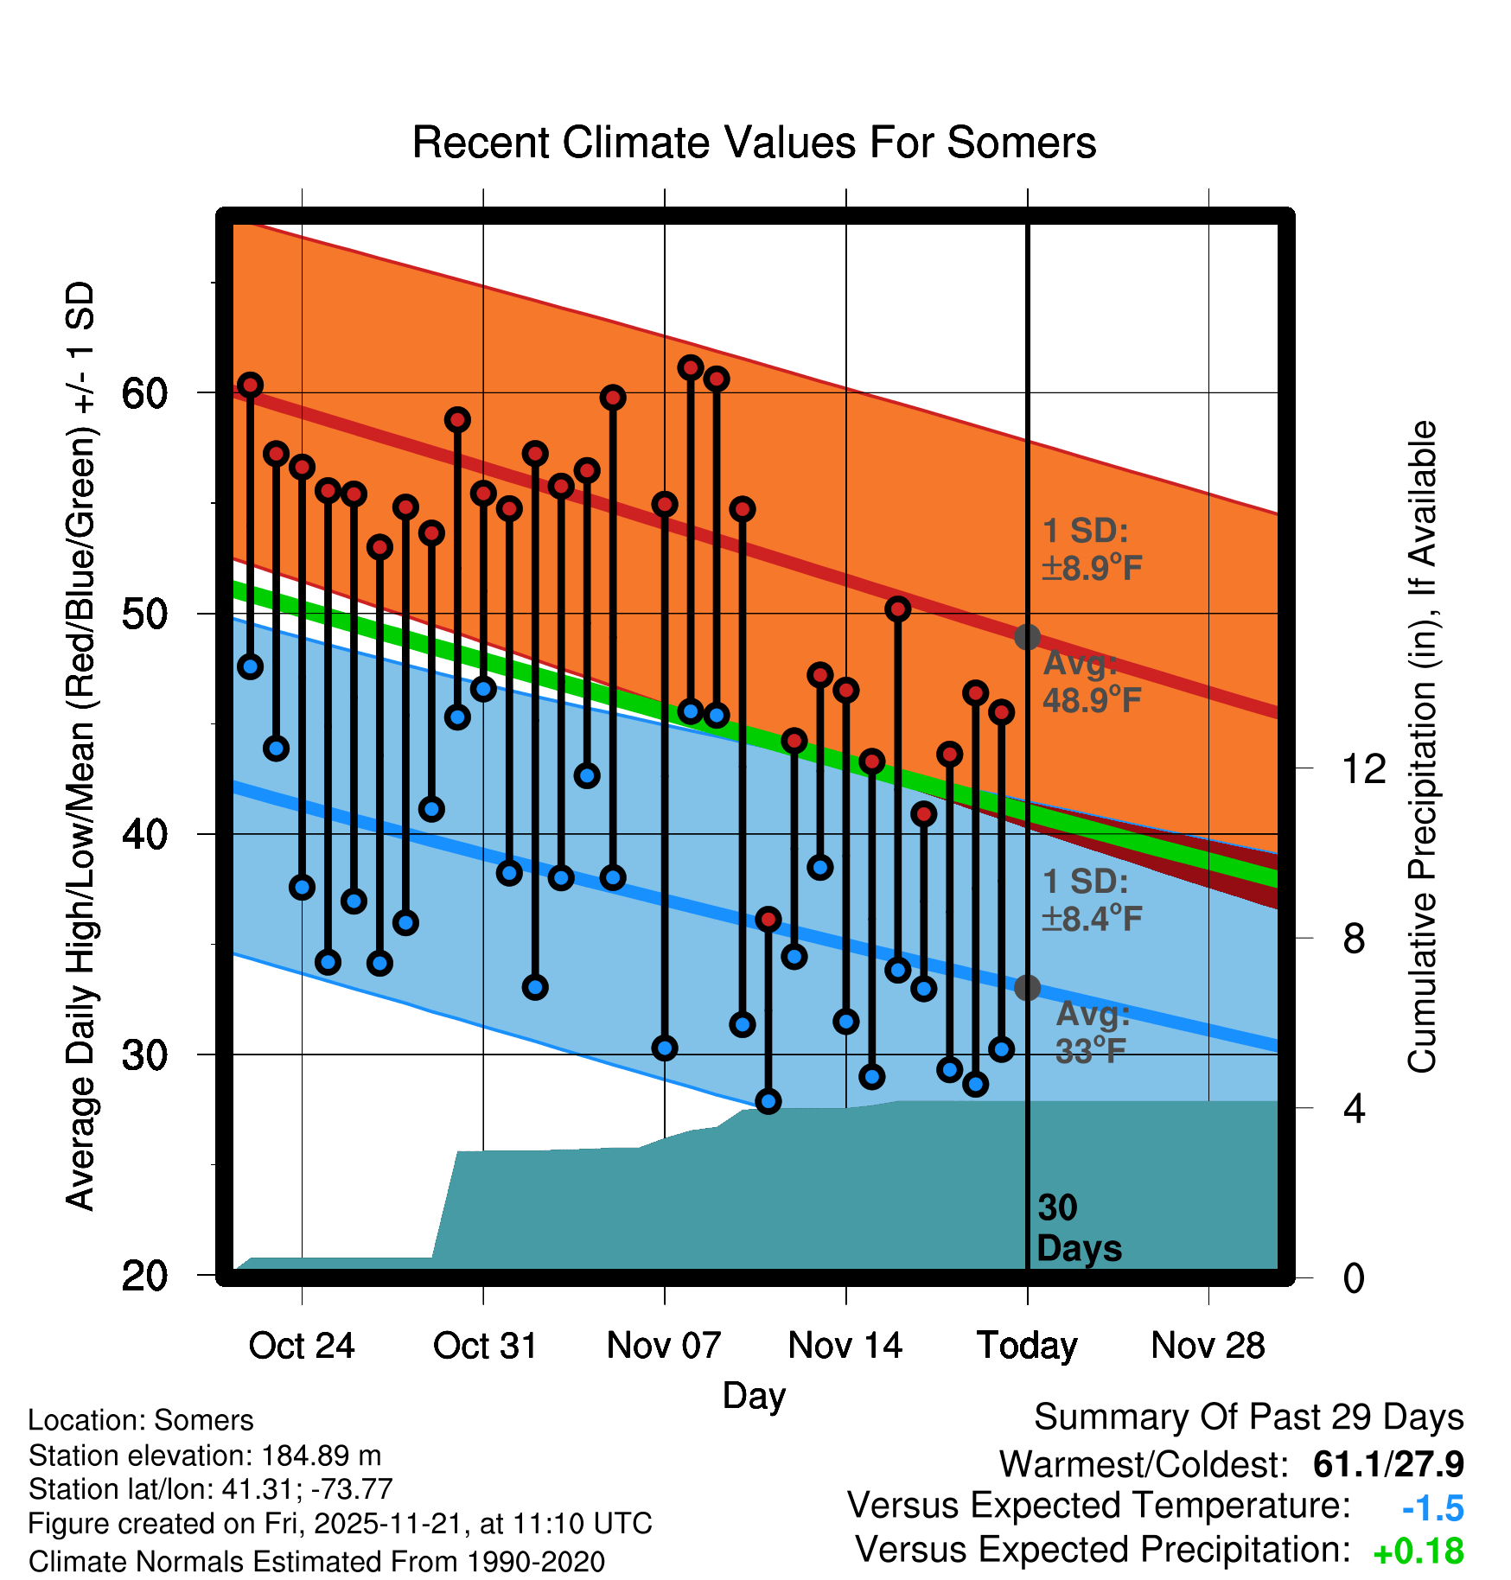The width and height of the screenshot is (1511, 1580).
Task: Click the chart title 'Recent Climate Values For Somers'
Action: pyautogui.click(x=754, y=143)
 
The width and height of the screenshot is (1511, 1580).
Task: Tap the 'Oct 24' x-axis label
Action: pyautogui.click(x=302, y=1346)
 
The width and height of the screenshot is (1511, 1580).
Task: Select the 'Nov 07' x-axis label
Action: pyautogui.click(x=664, y=1346)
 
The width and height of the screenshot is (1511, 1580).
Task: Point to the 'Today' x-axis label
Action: pyautogui.click(x=1027, y=1346)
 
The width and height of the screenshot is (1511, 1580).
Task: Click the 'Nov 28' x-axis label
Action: pyautogui.click(x=1208, y=1346)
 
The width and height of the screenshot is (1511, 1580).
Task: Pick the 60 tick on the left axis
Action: pyautogui.click(x=144, y=394)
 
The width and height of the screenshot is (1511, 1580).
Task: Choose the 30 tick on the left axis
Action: pyautogui.click(x=144, y=1055)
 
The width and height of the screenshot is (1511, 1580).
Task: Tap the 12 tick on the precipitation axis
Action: pyautogui.click(x=1363, y=768)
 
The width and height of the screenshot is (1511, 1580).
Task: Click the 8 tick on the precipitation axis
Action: pyautogui.click(x=1355, y=939)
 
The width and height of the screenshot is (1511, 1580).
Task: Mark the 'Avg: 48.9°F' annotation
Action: pyautogui.click(x=1092, y=682)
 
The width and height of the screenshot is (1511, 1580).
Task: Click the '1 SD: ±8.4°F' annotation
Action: pyautogui.click(x=1092, y=900)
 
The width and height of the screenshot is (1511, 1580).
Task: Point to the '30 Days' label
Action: pyautogui.click(x=1078, y=1228)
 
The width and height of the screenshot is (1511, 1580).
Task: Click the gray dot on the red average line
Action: pyautogui.click(x=1027, y=637)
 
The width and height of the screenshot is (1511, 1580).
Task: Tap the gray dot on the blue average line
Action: pyautogui.click(x=1027, y=987)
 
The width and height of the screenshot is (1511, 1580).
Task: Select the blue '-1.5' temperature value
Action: pyautogui.click(x=1432, y=1508)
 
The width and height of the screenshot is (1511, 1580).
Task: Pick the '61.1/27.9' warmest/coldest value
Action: pyautogui.click(x=1388, y=1464)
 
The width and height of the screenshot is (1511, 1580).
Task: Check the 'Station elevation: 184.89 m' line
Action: pyautogui.click(x=205, y=1456)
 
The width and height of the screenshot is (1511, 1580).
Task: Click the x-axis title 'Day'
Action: pyautogui.click(x=754, y=1395)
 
